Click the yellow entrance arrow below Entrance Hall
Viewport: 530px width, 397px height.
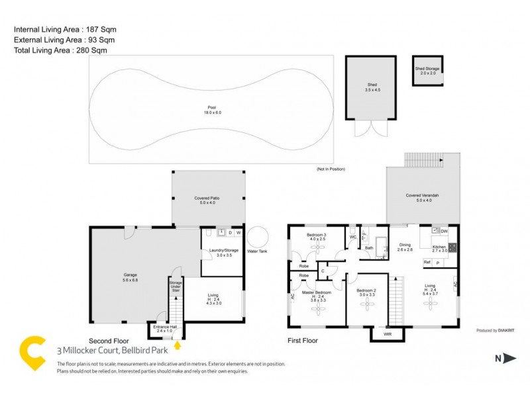pyautogui.click(x=177, y=344)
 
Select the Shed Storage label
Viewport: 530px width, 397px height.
pyautogui.click(x=427, y=68)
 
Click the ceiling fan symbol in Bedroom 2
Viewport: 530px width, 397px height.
pyautogui.click(x=368, y=304)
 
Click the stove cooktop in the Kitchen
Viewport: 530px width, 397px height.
pyautogui.click(x=452, y=248)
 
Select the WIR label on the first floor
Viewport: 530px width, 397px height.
pyautogui.click(x=388, y=335)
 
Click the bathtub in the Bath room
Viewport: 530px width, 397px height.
pyautogui.click(x=382, y=242)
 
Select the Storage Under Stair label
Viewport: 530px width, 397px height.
pyautogui.click(x=176, y=287)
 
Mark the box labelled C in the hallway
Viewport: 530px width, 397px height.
pyautogui.click(x=323, y=270)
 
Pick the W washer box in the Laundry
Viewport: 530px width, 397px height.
pyautogui.click(x=238, y=233)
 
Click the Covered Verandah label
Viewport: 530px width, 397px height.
pyautogui.click(x=423, y=196)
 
